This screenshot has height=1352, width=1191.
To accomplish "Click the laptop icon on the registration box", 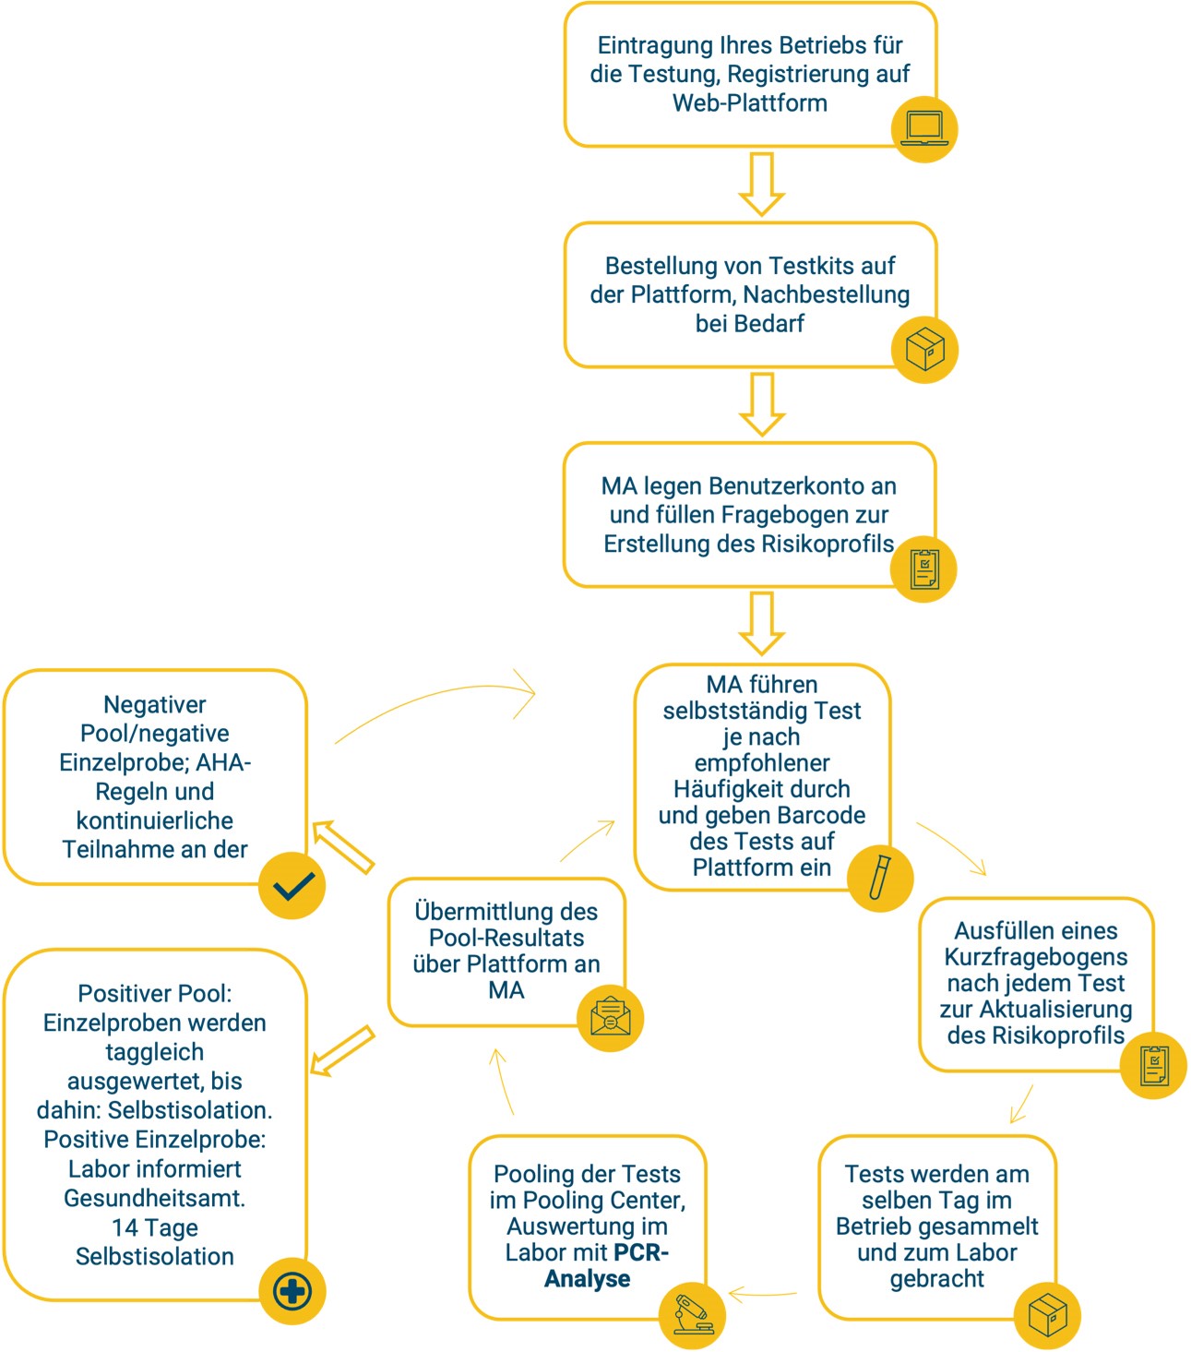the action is [x=924, y=129].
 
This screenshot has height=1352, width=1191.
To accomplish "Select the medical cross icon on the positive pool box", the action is [x=292, y=1291].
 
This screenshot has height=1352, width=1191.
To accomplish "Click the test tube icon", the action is [x=880, y=878].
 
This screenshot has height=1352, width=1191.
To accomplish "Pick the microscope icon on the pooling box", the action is [x=692, y=1315].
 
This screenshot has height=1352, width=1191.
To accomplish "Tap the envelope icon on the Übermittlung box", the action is [x=610, y=1018].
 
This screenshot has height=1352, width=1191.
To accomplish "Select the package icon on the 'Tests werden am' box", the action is [x=1047, y=1315].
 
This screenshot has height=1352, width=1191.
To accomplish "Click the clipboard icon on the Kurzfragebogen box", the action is [x=1153, y=1066].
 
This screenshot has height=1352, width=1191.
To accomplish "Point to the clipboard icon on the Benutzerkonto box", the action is [x=923, y=569].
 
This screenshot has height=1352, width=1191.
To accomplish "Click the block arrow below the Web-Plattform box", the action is [x=761, y=185].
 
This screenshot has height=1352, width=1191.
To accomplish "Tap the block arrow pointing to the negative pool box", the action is [x=343, y=847].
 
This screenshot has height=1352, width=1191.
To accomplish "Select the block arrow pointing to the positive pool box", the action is [x=342, y=1051].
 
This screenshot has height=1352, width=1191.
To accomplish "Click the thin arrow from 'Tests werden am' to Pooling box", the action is [x=762, y=1294].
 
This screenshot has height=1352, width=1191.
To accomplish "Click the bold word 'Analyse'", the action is [x=587, y=1278].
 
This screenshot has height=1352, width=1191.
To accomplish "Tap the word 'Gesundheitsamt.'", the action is [x=155, y=1198].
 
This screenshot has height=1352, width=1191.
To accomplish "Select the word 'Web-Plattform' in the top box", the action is [x=750, y=102].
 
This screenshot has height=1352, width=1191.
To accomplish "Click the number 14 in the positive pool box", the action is [x=125, y=1227].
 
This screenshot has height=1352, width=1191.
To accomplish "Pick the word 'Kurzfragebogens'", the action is [x=1035, y=957].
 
